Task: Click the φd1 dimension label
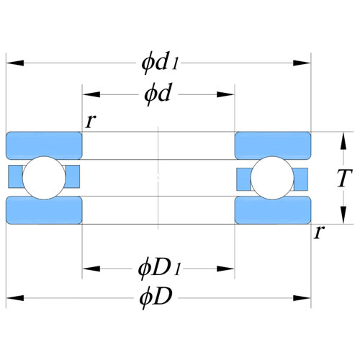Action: click(x=160, y=63)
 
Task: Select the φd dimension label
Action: click(x=158, y=94)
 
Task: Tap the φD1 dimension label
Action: click(x=159, y=269)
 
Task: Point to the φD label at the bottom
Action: click(x=156, y=297)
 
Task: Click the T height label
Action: click(x=344, y=178)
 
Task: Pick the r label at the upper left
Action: click(x=91, y=121)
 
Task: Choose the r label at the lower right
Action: click(x=319, y=232)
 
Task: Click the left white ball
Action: click(x=44, y=178)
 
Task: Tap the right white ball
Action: click(x=272, y=178)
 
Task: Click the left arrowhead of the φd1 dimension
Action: click(x=15, y=63)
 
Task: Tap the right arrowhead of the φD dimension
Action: click(x=302, y=298)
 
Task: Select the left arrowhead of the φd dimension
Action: click(x=91, y=94)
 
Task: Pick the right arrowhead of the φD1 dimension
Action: click(x=225, y=269)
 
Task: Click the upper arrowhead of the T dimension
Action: click(x=343, y=141)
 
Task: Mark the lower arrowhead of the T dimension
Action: click(x=343, y=215)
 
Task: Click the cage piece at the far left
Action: click(x=15, y=176)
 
